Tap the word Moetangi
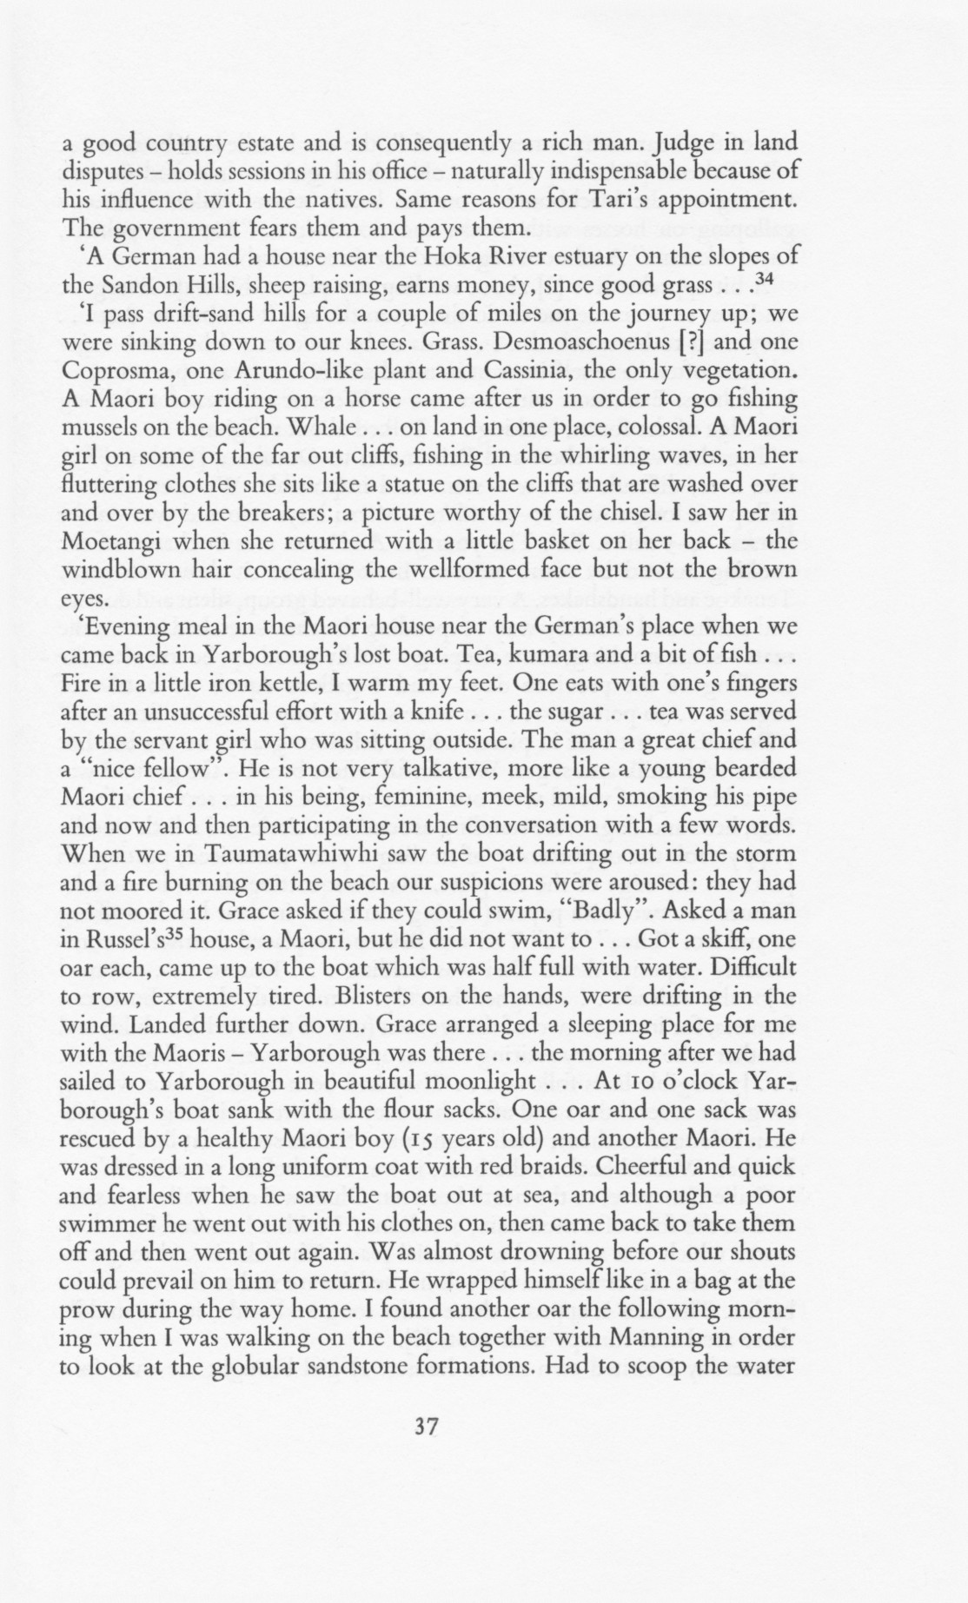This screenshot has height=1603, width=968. [x=119, y=540]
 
